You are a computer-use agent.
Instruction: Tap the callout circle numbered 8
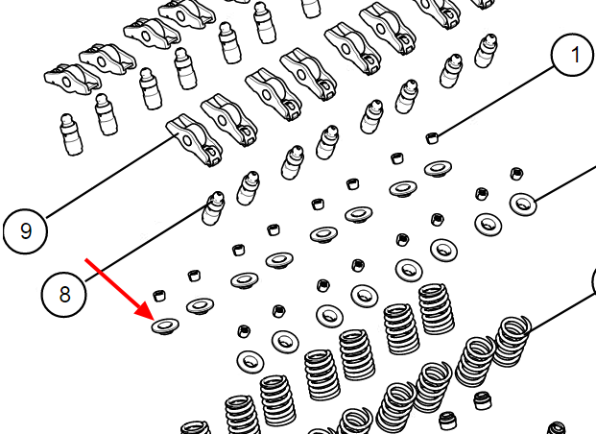[64, 294]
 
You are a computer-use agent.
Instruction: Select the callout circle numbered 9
[26, 230]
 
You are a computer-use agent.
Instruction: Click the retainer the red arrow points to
[165, 326]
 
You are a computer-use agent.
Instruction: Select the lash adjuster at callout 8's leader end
[213, 208]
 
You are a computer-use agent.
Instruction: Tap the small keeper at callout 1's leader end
[431, 137]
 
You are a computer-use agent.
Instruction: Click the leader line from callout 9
[110, 177]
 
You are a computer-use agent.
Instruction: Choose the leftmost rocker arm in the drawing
[72, 79]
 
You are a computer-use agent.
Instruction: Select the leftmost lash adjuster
[71, 134]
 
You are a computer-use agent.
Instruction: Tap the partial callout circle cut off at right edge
[594, 281]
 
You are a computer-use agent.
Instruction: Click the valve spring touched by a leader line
[512, 341]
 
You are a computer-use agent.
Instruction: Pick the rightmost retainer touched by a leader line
[523, 204]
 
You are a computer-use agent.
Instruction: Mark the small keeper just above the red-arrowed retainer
[159, 295]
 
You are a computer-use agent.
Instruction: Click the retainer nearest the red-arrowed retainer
[200, 305]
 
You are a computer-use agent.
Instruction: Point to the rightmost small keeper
[515, 174]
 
